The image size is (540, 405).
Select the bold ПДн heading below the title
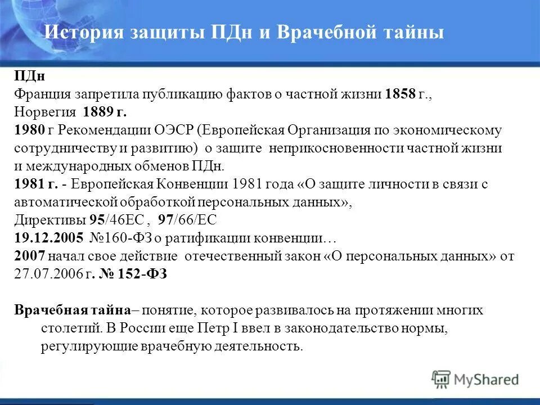tap(25, 76)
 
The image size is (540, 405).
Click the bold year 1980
tap(28, 130)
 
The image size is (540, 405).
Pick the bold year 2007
tap(28, 256)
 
